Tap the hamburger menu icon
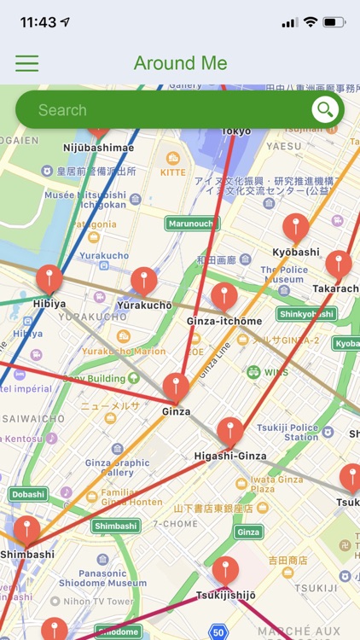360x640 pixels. [27, 63]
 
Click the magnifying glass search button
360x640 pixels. [324, 109]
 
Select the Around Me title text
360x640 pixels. [180, 63]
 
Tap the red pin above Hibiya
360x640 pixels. [49, 278]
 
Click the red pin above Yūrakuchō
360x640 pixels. [144, 281]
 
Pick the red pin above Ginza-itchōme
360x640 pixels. [224, 296]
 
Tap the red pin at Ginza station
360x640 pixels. [176, 387]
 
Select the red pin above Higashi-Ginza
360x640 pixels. [230, 432]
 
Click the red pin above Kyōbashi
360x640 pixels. [296, 228]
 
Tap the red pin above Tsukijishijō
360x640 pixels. [225, 570]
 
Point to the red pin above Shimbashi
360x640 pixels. [26, 530]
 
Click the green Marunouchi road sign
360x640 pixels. [192, 224]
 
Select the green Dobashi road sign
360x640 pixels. [28, 494]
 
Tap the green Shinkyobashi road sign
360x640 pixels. [306, 314]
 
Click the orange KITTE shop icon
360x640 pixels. [173, 159]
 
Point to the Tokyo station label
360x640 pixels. [236, 131]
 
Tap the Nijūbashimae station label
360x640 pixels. [99, 148]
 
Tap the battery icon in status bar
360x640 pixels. [334, 22]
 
